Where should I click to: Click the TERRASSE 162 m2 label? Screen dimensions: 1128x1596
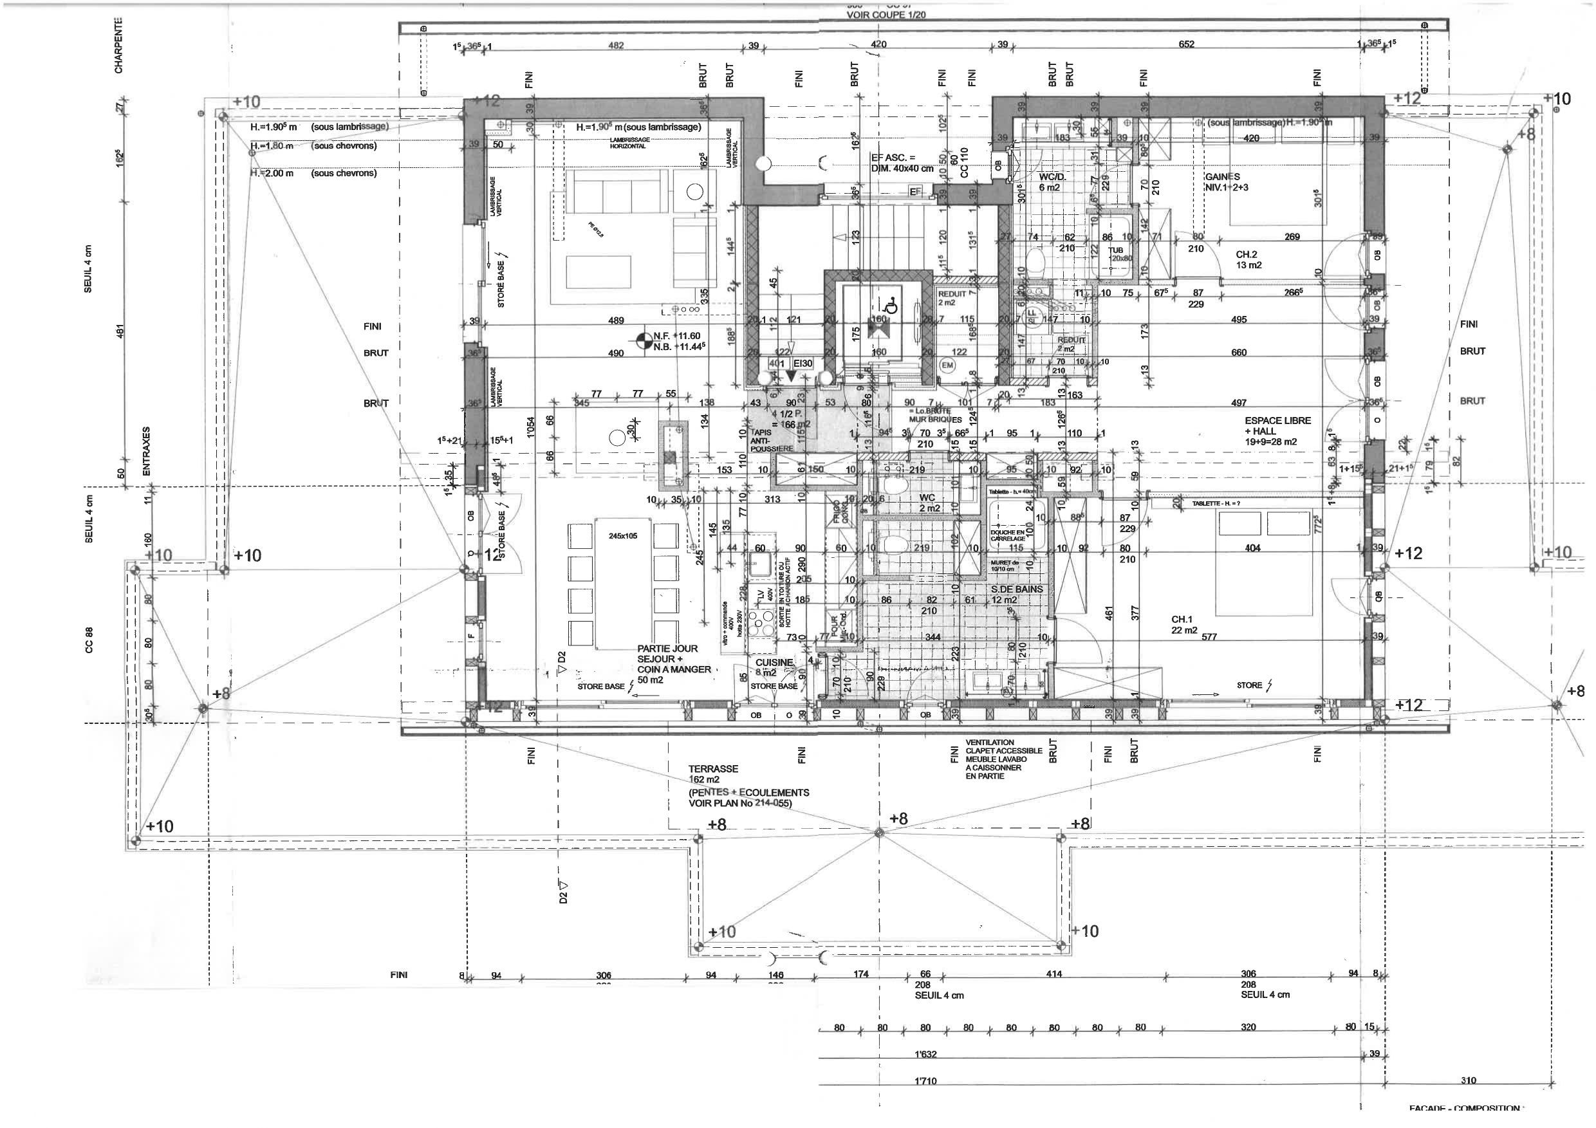click(713, 774)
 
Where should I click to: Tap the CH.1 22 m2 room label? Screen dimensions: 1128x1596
click(1183, 625)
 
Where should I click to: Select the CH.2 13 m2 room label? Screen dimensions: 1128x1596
click(1248, 260)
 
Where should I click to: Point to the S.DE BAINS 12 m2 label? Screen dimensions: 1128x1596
click(1016, 594)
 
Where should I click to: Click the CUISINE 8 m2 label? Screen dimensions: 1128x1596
click(774, 667)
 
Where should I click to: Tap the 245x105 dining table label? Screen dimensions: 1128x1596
click(622, 536)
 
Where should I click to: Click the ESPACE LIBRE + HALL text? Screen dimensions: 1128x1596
click(1277, 431)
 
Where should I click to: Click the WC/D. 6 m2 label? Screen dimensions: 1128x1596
click(1052, 182)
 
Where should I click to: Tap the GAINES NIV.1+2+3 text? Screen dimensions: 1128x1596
click(1227, 182)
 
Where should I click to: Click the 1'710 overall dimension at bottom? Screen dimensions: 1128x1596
click(925, 1082)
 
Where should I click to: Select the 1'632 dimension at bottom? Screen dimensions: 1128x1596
click(925, 1055)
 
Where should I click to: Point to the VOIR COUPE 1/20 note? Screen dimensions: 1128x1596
click(886, 15)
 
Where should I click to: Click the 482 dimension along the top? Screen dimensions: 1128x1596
click(616, 45)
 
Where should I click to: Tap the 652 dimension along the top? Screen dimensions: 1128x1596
click(1186, 44)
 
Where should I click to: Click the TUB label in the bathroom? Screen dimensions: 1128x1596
click(1115, 251)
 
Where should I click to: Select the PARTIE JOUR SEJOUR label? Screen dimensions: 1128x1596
click(667, 659)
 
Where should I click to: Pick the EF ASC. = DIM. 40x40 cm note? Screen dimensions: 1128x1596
click(902, 163)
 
